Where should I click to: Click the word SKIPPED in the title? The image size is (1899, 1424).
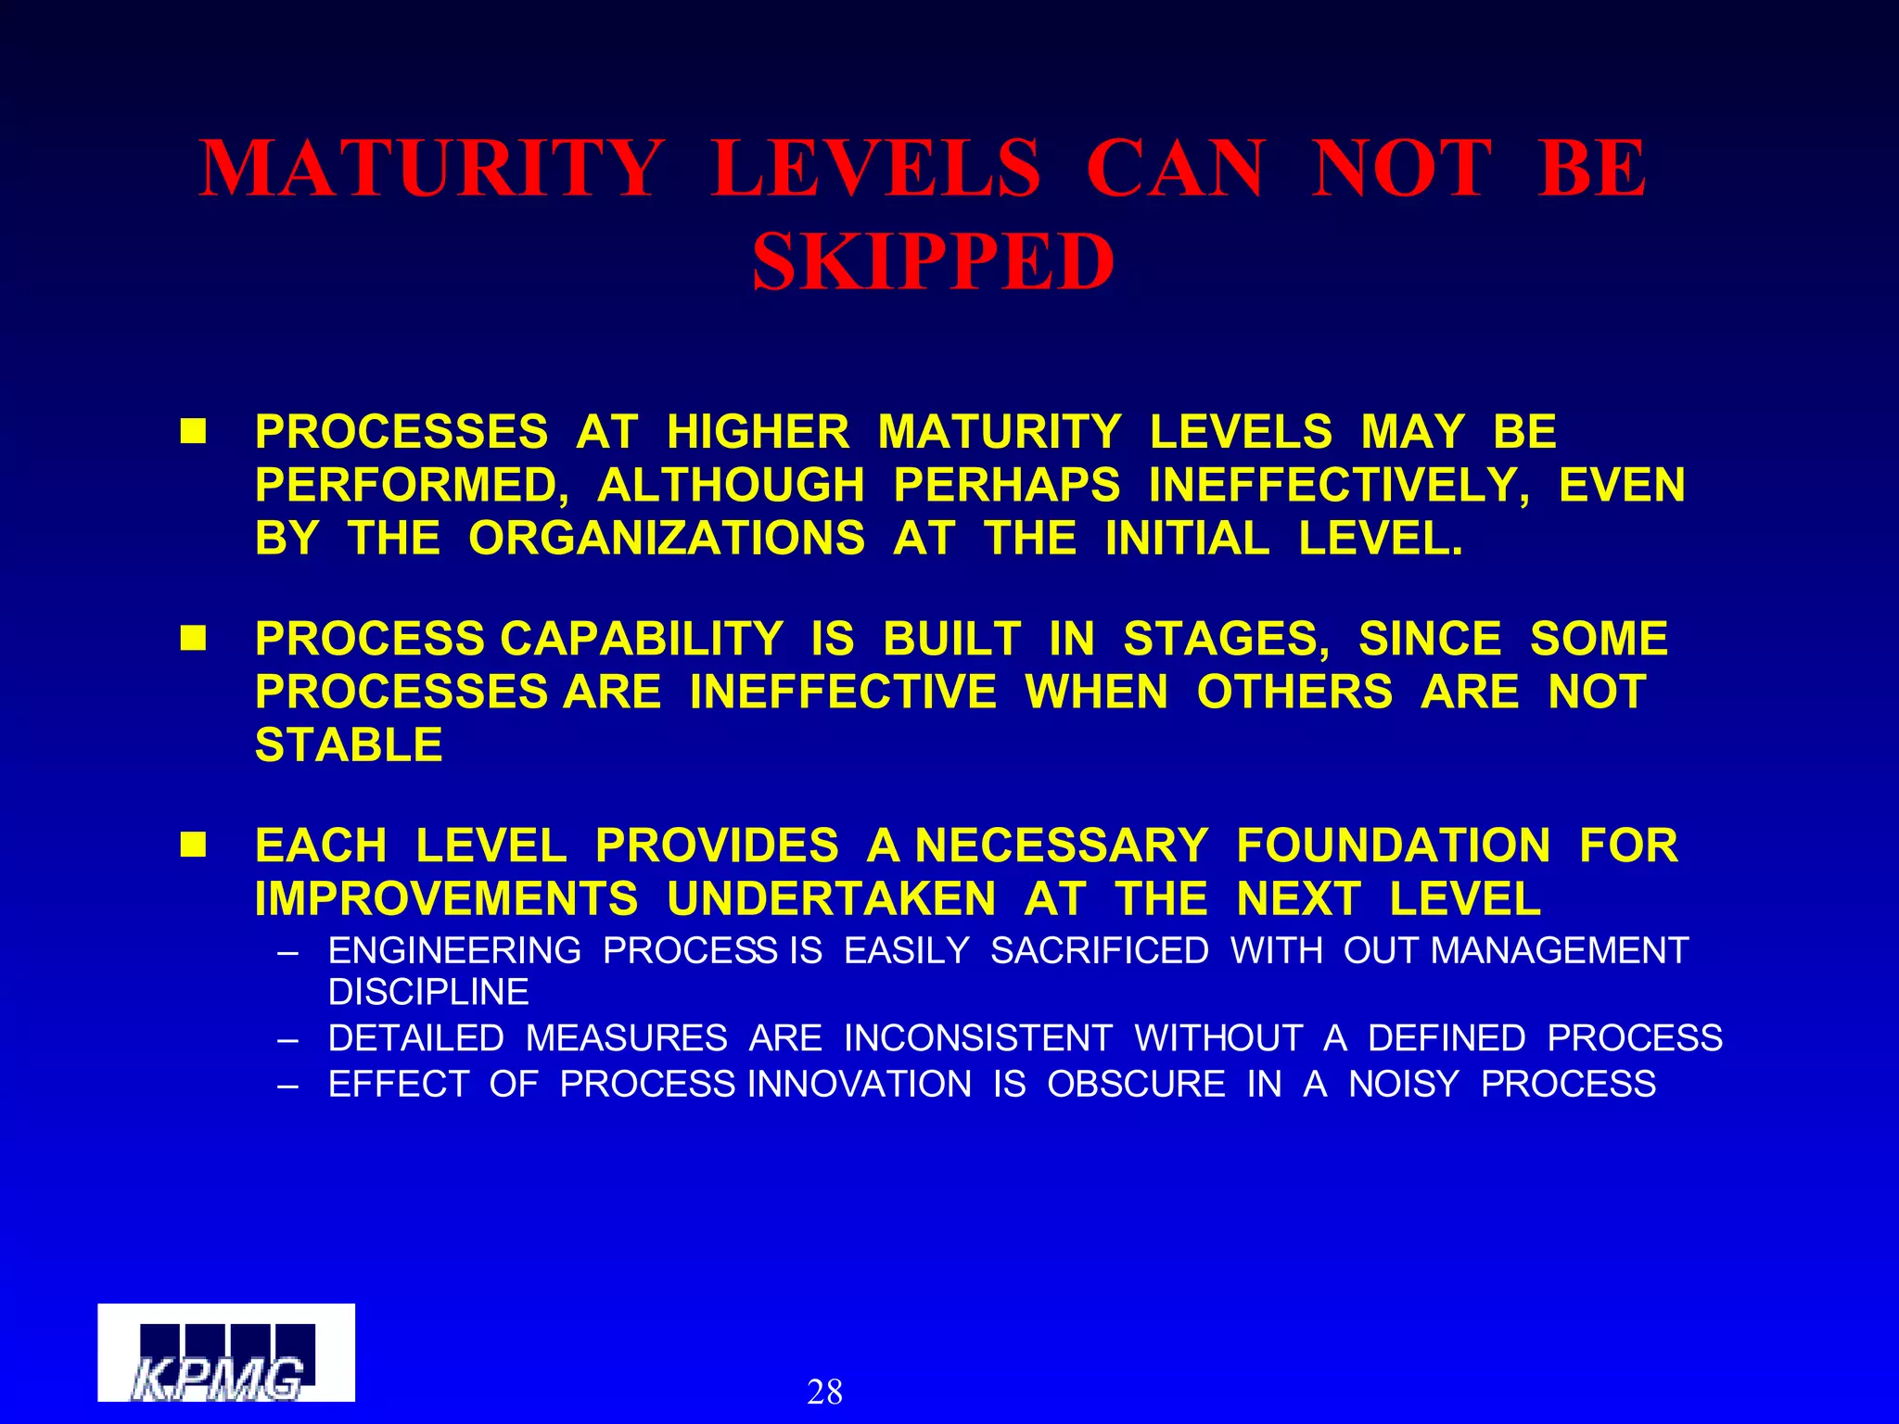tap(933, 262)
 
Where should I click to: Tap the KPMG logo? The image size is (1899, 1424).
tap(225, 1353)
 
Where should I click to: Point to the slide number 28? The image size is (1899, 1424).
tap(824, 1392)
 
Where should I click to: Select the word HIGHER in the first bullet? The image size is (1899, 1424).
tap(758, 432)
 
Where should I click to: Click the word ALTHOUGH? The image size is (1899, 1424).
tap(731, 486)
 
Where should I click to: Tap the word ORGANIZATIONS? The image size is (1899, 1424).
tap(667, 539)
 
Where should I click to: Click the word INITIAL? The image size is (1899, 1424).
tap(1187, 539)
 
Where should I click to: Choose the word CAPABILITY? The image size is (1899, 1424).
tap(642, 639)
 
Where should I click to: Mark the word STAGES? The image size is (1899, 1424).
tap(1226, 639)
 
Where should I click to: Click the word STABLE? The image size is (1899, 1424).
tap(349, 745)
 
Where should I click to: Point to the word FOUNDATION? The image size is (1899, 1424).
tap(1393, 845)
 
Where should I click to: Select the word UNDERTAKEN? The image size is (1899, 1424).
tap(831, 899)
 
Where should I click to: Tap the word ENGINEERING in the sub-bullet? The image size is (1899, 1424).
tap(454, 951)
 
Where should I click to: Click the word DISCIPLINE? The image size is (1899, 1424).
tap(428, 993)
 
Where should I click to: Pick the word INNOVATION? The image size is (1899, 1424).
tap(860, 1084)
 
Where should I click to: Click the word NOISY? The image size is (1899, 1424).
tap(1403, 1084)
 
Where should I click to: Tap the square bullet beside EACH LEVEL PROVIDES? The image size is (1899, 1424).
tap(194, 845)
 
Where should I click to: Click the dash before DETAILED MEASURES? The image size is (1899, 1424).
tap(287, 1039)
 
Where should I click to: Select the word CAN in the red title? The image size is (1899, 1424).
tap(1175, 169)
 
